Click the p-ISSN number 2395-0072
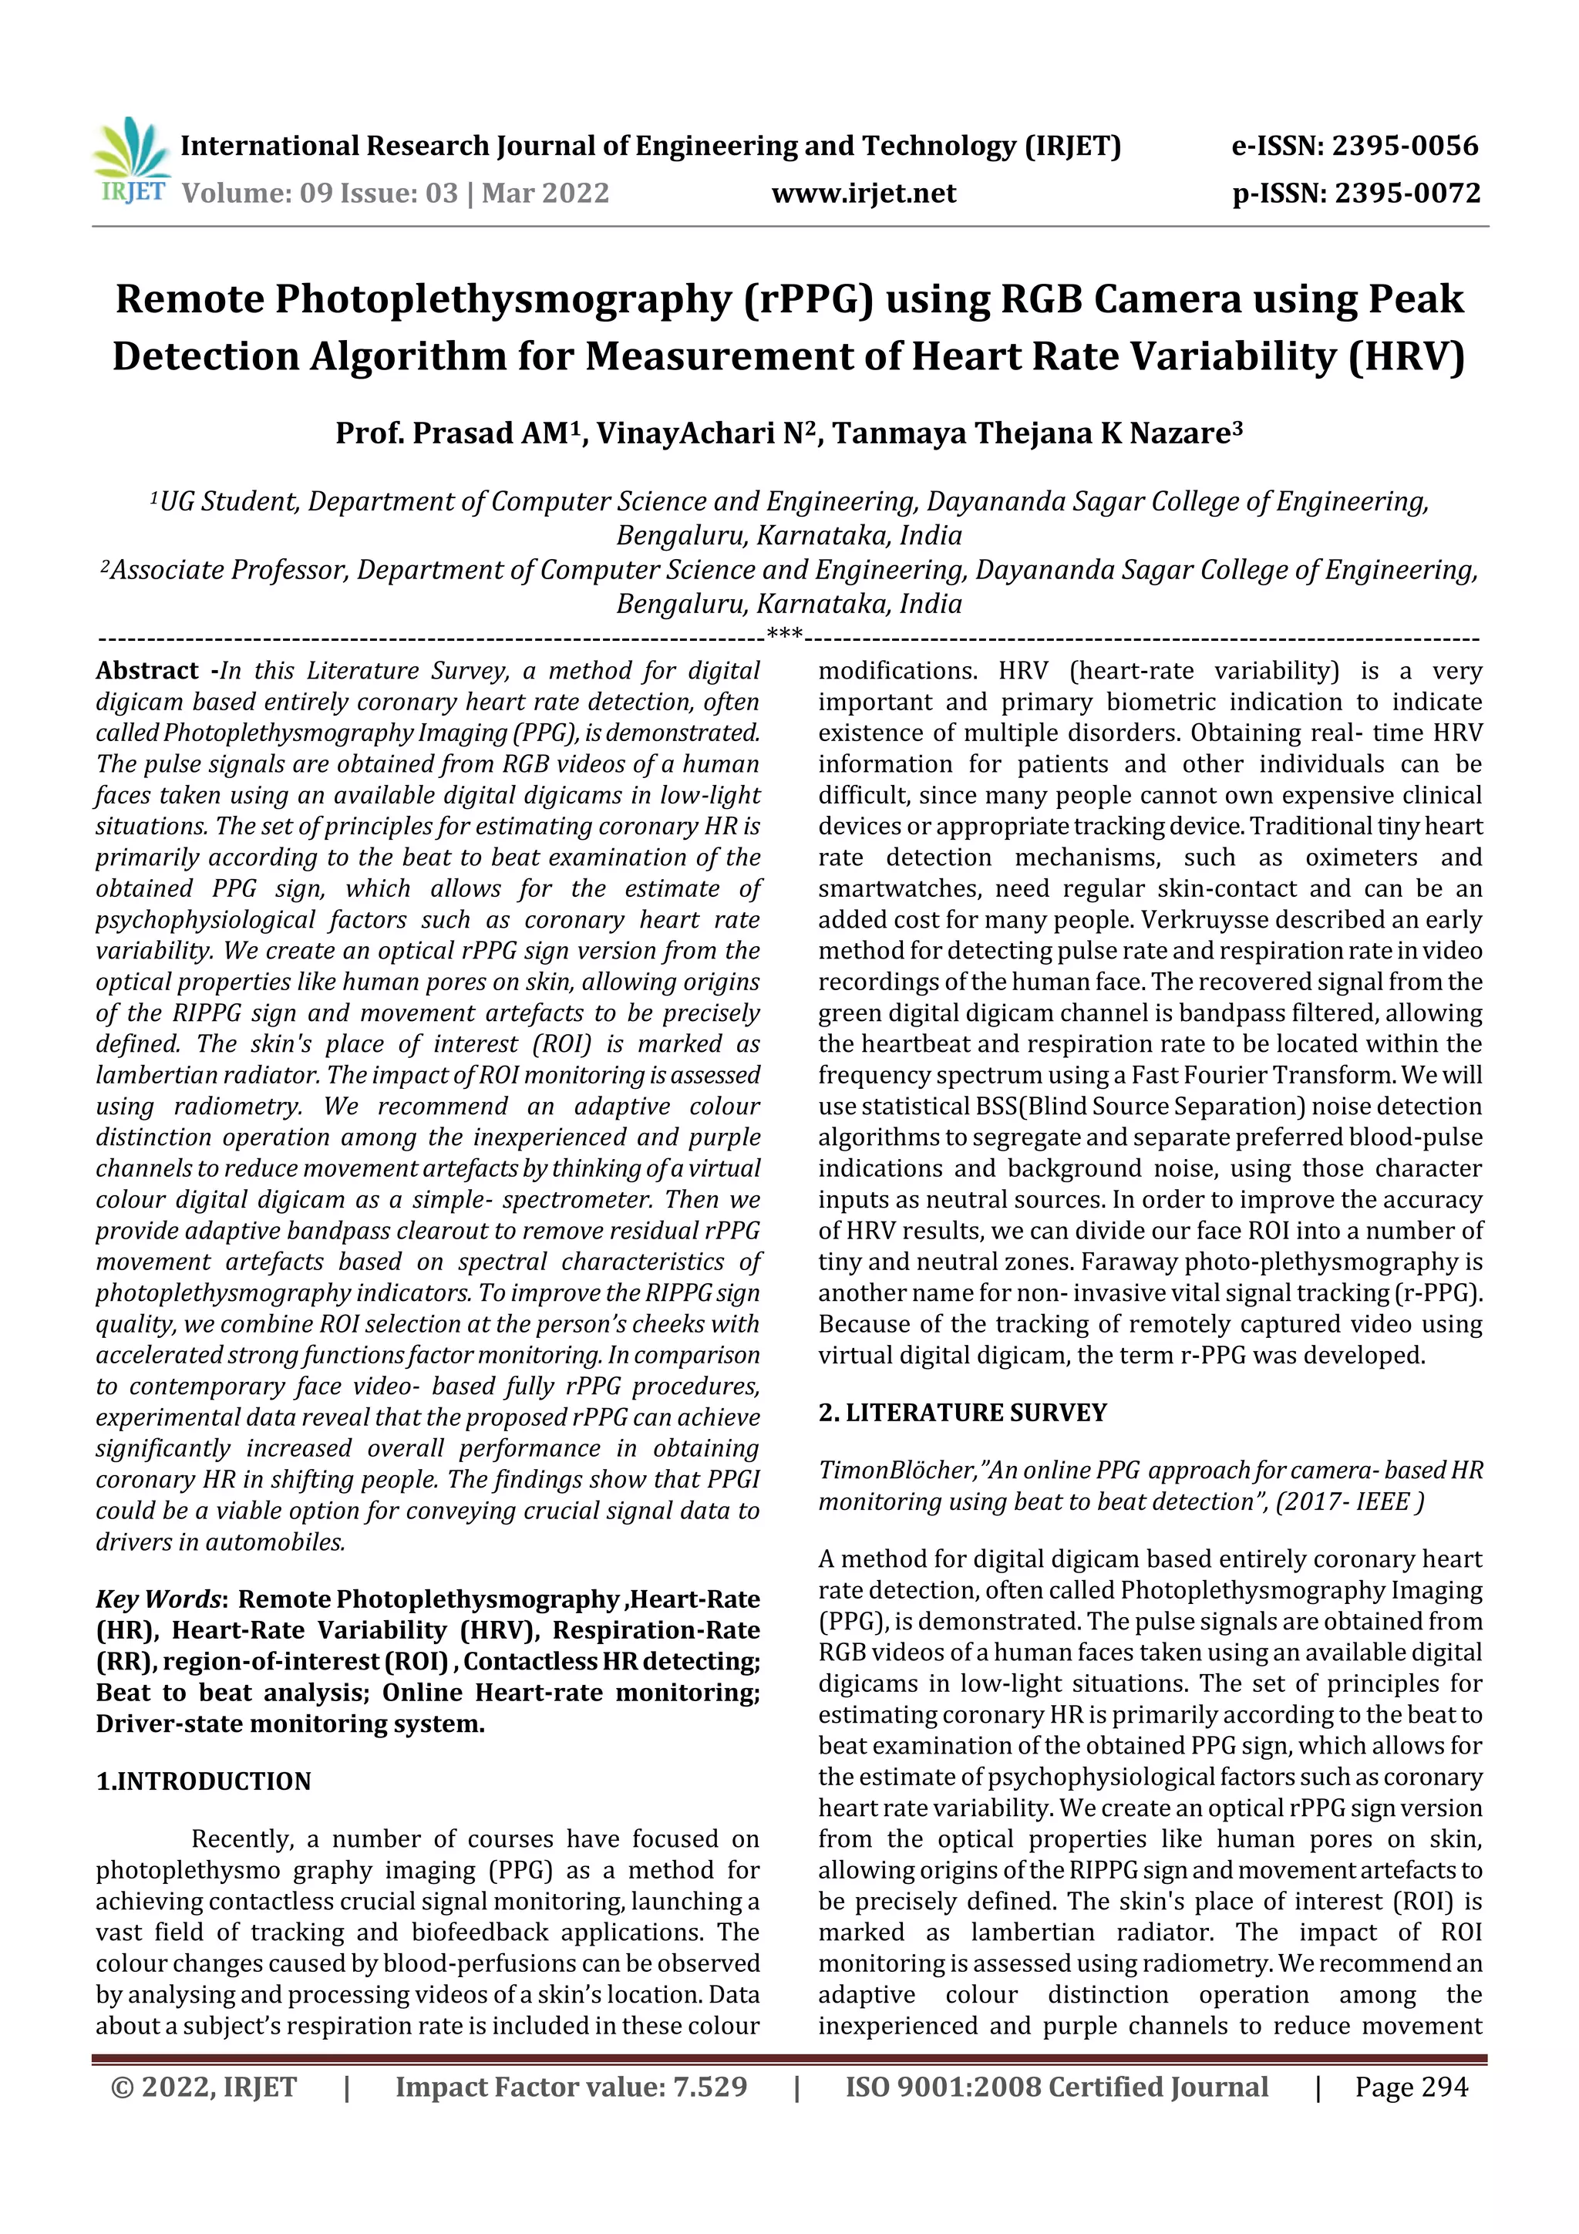click(1407, 194)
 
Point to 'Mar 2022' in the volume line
click(545, 194)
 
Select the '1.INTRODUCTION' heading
click(204, 1781)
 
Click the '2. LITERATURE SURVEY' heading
click(962, 1413)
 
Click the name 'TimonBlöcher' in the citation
click(896, 1471)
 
